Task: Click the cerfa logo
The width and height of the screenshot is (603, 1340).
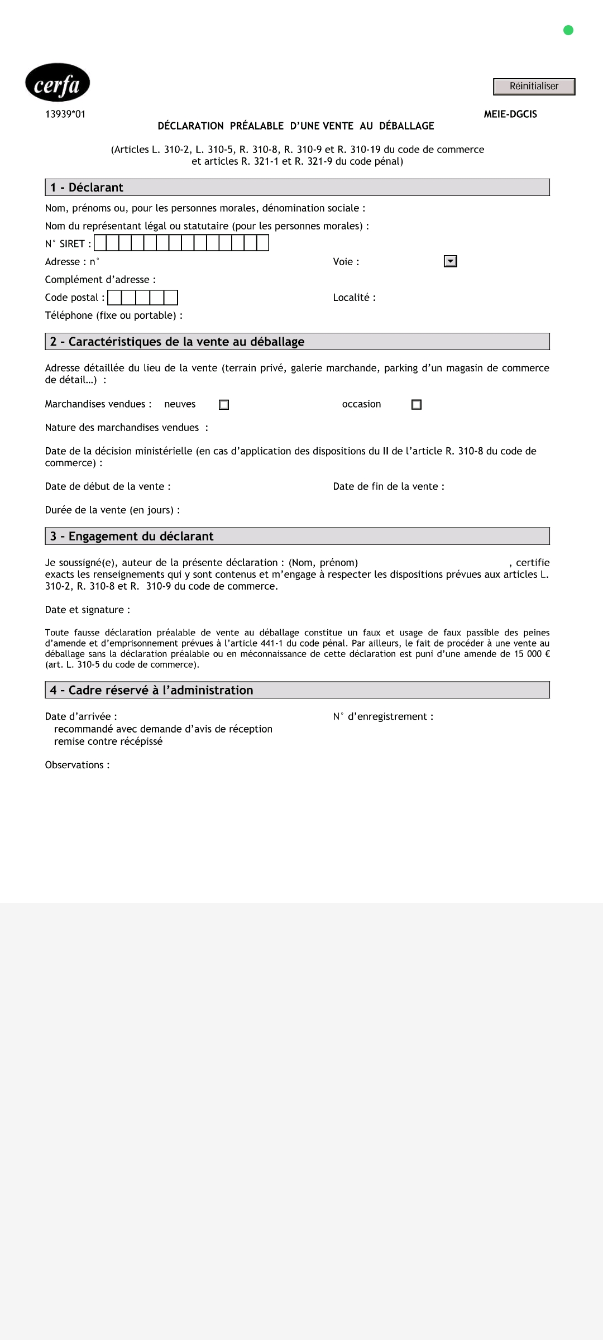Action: point(58,83)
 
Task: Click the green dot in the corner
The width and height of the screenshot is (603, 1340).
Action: point(568,30)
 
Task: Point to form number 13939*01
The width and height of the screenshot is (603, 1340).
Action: point(65,114)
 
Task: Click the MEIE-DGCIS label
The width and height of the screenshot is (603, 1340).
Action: point(510,114)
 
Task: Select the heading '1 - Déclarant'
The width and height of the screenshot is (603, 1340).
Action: point(87,188)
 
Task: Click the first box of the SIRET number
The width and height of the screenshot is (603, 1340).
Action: point(100,243)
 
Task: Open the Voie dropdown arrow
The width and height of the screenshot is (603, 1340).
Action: point(450,261)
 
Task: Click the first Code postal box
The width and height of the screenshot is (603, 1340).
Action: point(114,298)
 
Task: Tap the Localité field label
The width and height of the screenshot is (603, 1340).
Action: point(354,298)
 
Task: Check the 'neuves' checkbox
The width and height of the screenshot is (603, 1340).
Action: point(224,405)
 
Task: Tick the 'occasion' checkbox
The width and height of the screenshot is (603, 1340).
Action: point(417,405)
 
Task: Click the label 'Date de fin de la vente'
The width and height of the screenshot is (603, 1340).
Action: point(389,486)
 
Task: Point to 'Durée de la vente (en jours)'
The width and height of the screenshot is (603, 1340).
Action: point(112,510)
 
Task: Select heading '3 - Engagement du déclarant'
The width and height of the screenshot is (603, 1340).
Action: point(132,537)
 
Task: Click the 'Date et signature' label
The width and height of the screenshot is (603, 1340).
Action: point(88,610)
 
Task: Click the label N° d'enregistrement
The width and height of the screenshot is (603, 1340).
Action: point(383,716)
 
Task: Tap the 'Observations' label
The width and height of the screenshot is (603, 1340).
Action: point(77,765)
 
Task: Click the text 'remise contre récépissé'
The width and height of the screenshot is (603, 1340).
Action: point(108,741)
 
